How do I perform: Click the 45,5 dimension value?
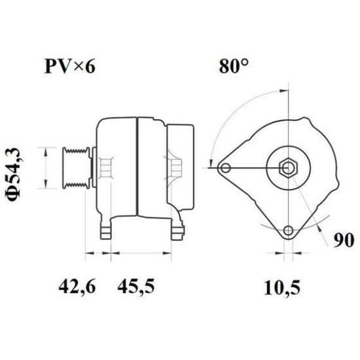(135, 286)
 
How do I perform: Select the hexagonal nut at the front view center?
(288, 168)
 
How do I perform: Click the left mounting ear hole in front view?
(226, 168)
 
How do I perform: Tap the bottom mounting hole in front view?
(288, 230)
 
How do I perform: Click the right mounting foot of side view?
(177, 230)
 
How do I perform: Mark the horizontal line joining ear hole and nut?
(255, 168)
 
